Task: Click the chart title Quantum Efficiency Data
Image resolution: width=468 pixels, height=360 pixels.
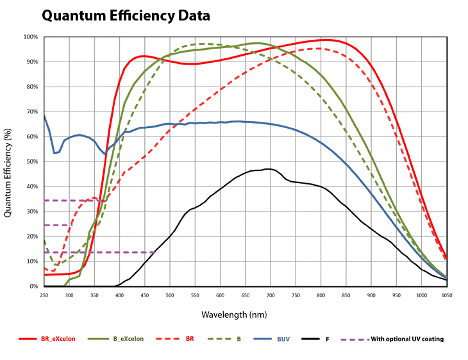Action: pos(126,15)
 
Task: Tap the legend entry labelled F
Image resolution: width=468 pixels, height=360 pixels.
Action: pos(328,339)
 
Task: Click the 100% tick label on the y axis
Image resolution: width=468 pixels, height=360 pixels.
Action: pos(31,37)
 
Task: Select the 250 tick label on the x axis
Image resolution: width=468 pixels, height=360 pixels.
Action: pos(44,295)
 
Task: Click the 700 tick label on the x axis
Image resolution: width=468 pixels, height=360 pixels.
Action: pos(271,295)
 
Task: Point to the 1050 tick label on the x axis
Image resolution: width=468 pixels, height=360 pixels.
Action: pos(446,295)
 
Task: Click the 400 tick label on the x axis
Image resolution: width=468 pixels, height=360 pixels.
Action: pos(120,295)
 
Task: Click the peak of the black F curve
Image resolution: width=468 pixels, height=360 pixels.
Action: pos(268,169)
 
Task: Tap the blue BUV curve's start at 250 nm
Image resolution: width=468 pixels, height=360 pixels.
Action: pos(44,115)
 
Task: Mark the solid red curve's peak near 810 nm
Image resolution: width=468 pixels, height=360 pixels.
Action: pos(326,40)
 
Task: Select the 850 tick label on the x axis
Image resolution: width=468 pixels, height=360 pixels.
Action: pos(346,295)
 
